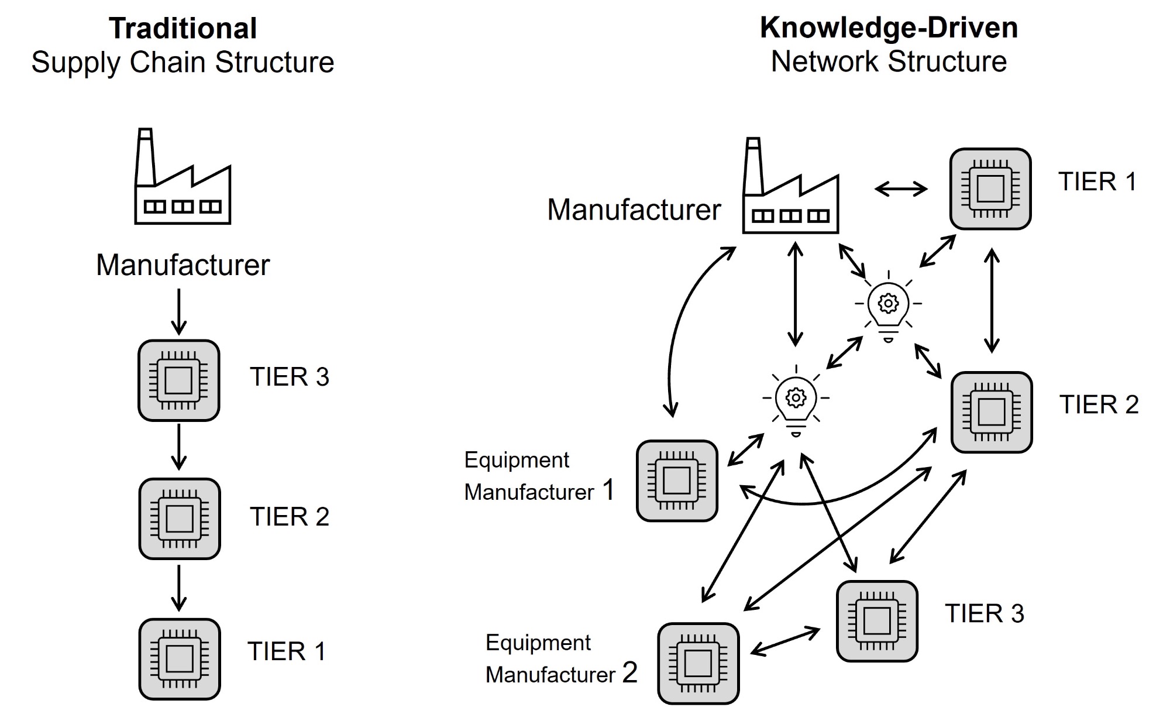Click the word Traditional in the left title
coord(183,29)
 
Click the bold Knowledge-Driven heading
coord(889,28)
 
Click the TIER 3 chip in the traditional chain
coord(179,380)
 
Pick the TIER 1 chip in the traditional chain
coord(180,659)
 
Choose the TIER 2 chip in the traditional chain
coord(180,519)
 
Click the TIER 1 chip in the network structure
coord(990,188)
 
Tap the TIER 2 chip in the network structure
coord(992,412)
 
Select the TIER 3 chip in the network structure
coord(877,621)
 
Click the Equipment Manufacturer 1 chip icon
coord(677,481)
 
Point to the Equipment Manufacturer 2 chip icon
coord(698,663)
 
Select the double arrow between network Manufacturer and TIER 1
coord(901,188)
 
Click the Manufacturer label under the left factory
coord(183,265)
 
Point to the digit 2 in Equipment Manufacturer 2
coord(629,672)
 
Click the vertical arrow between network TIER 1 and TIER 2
coord(992,301)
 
